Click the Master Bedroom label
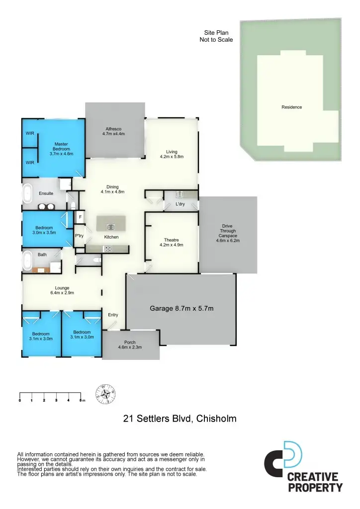62,149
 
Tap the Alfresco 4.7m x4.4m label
113,131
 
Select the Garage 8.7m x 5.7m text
181,309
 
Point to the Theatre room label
172,242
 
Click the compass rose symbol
105,395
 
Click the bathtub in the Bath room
28,260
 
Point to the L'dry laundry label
180,204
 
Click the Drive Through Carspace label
227,234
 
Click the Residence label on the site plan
291,107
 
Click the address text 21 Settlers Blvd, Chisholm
180,419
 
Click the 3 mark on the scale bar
56,400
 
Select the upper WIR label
30,133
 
